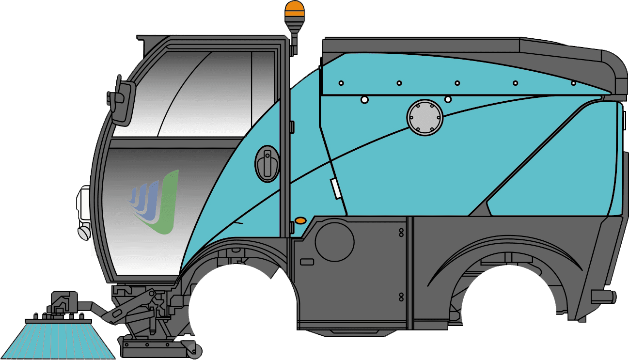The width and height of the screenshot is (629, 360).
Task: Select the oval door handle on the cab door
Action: pyautogui.click(x=267, y=163)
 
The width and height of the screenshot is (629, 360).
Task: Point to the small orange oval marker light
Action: pyautogui.click(x=300, y=221)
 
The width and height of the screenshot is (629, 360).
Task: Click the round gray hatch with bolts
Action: pyautogui.click(x=425, y=117)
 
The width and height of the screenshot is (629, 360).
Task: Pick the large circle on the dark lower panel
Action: pyautogui.click(x=334, y=240)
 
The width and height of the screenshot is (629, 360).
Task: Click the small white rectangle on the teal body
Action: pyautogui.click(x=335, y=188)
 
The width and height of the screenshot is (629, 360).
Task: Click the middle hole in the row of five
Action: pyautogui.click(x=457, y=83)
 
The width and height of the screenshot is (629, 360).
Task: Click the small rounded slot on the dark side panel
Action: pyautogui.click(x=307, y=262)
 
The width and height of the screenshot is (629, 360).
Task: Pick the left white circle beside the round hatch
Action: pyautogui.click(x=364, y=99)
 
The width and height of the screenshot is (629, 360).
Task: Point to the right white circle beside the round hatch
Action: pyautogui.click(x=448, y=99)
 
